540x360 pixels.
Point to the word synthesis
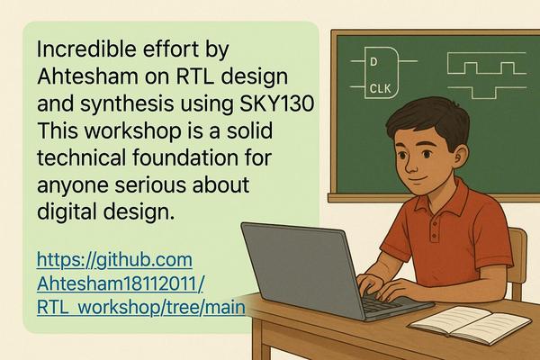(127, 104)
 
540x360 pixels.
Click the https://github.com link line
(114, 260)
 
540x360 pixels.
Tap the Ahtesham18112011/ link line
(121, 283)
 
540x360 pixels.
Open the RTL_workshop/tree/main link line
(141, 308)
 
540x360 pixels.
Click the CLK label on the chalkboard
(380, 89)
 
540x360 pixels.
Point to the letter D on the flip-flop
(373, 62)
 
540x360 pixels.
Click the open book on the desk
(470, 324)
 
